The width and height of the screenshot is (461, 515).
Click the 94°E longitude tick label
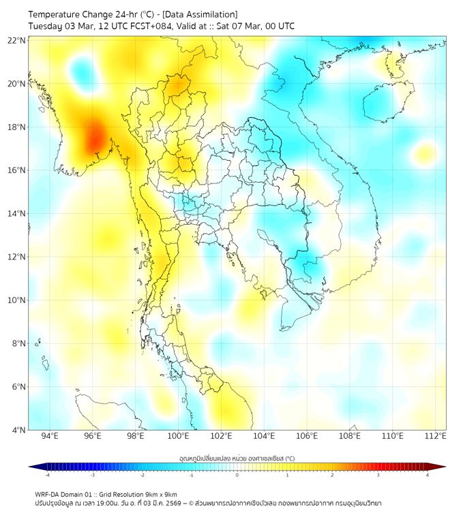coord(50,437)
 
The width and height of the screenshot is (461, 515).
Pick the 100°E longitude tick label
coord(179,437)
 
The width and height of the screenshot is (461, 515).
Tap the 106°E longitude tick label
coord(307,437)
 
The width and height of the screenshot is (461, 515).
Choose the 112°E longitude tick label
coord(435,437)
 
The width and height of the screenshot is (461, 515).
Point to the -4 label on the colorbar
coord(47,475)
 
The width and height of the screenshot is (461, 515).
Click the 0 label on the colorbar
coord(237,475)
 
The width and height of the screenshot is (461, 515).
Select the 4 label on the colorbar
coord(428,475)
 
